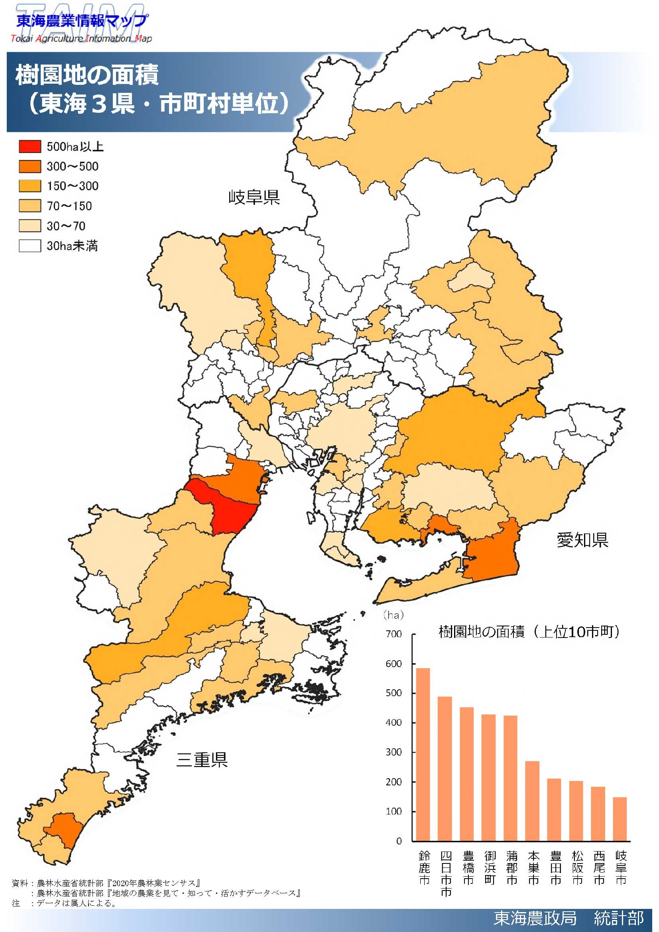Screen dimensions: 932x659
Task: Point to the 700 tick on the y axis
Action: pyautogui.click(x=393, y=634)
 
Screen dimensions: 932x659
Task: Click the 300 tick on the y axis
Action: pyautogui.click(x=393, y=752)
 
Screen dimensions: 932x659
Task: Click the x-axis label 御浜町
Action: pyautogui.click(x=490, y=868)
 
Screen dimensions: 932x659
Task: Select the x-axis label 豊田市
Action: pyautogui.click(x=555, y=868)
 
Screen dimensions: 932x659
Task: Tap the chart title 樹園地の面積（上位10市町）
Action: pyautogui.click(x=529, y=632)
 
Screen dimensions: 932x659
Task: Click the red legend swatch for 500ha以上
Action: pyautogui.click(x=30, y=147)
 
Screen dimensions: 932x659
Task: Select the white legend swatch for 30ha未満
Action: pyautogui.click(x=30, y=246)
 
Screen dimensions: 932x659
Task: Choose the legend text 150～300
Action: pyautogui.click(x=72, y=186)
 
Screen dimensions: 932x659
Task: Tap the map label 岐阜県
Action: pyautogui.click(x=254, y=197)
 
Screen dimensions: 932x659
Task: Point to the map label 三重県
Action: pyautogui.click(x=202, y=760)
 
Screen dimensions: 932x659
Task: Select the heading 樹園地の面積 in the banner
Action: pyautogui.click(x=87, y=75)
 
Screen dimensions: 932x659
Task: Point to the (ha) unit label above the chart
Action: pyautogui.click(x=393, y=615)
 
